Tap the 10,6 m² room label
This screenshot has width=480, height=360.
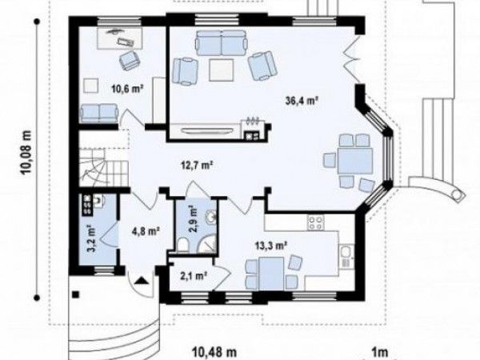coord(128,89)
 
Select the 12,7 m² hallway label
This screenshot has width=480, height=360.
coord(196,166)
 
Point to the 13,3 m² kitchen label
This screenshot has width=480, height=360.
coord(271,246)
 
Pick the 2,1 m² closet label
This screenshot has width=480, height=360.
coord(193,277)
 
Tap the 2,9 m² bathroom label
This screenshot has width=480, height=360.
coord(193,219)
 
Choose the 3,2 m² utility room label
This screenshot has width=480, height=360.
coord(92,239)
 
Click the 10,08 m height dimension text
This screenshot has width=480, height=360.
coord(26,152)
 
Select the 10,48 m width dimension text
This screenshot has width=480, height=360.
coord(214,352)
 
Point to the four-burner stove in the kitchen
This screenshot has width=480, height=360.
coord(315,223)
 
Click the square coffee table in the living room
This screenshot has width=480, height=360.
coord(222,70)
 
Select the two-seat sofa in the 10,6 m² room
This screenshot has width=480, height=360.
coord(99,114)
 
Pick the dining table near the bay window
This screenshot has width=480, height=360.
coord(355,162)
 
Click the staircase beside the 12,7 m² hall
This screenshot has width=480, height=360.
coord(103,167)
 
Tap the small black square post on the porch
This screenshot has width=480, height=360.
coord(75,294)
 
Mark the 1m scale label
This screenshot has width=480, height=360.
coord(379,352)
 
